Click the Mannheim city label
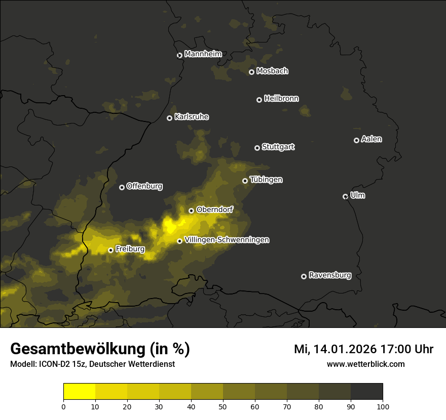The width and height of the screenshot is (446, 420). click(203, 54)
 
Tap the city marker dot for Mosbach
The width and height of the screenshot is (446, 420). click(251, 72)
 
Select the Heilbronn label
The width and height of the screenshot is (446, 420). click(281, 99)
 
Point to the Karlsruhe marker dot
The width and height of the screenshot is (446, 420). click(170, 118)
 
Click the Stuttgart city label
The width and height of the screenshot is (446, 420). click(278, 147)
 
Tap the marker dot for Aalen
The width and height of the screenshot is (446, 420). click(356, 140)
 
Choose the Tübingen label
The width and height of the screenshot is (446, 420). click(266, 180)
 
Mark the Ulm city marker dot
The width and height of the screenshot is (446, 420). click(345, 196)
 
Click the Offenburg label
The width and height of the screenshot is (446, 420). click(144, 186)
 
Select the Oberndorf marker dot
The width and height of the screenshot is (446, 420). click(191, 211)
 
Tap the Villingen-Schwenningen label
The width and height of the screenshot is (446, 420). click(227, 240)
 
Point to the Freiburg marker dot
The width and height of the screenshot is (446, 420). click(110, 250)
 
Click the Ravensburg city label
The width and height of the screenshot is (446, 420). click(329, 275)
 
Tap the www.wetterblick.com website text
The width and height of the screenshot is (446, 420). click(365, 364)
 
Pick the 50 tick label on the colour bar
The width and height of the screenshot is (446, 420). click(223, 406)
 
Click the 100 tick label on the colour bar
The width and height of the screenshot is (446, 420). click(383, 406)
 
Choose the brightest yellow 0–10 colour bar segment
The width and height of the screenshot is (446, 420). click(80, 392)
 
